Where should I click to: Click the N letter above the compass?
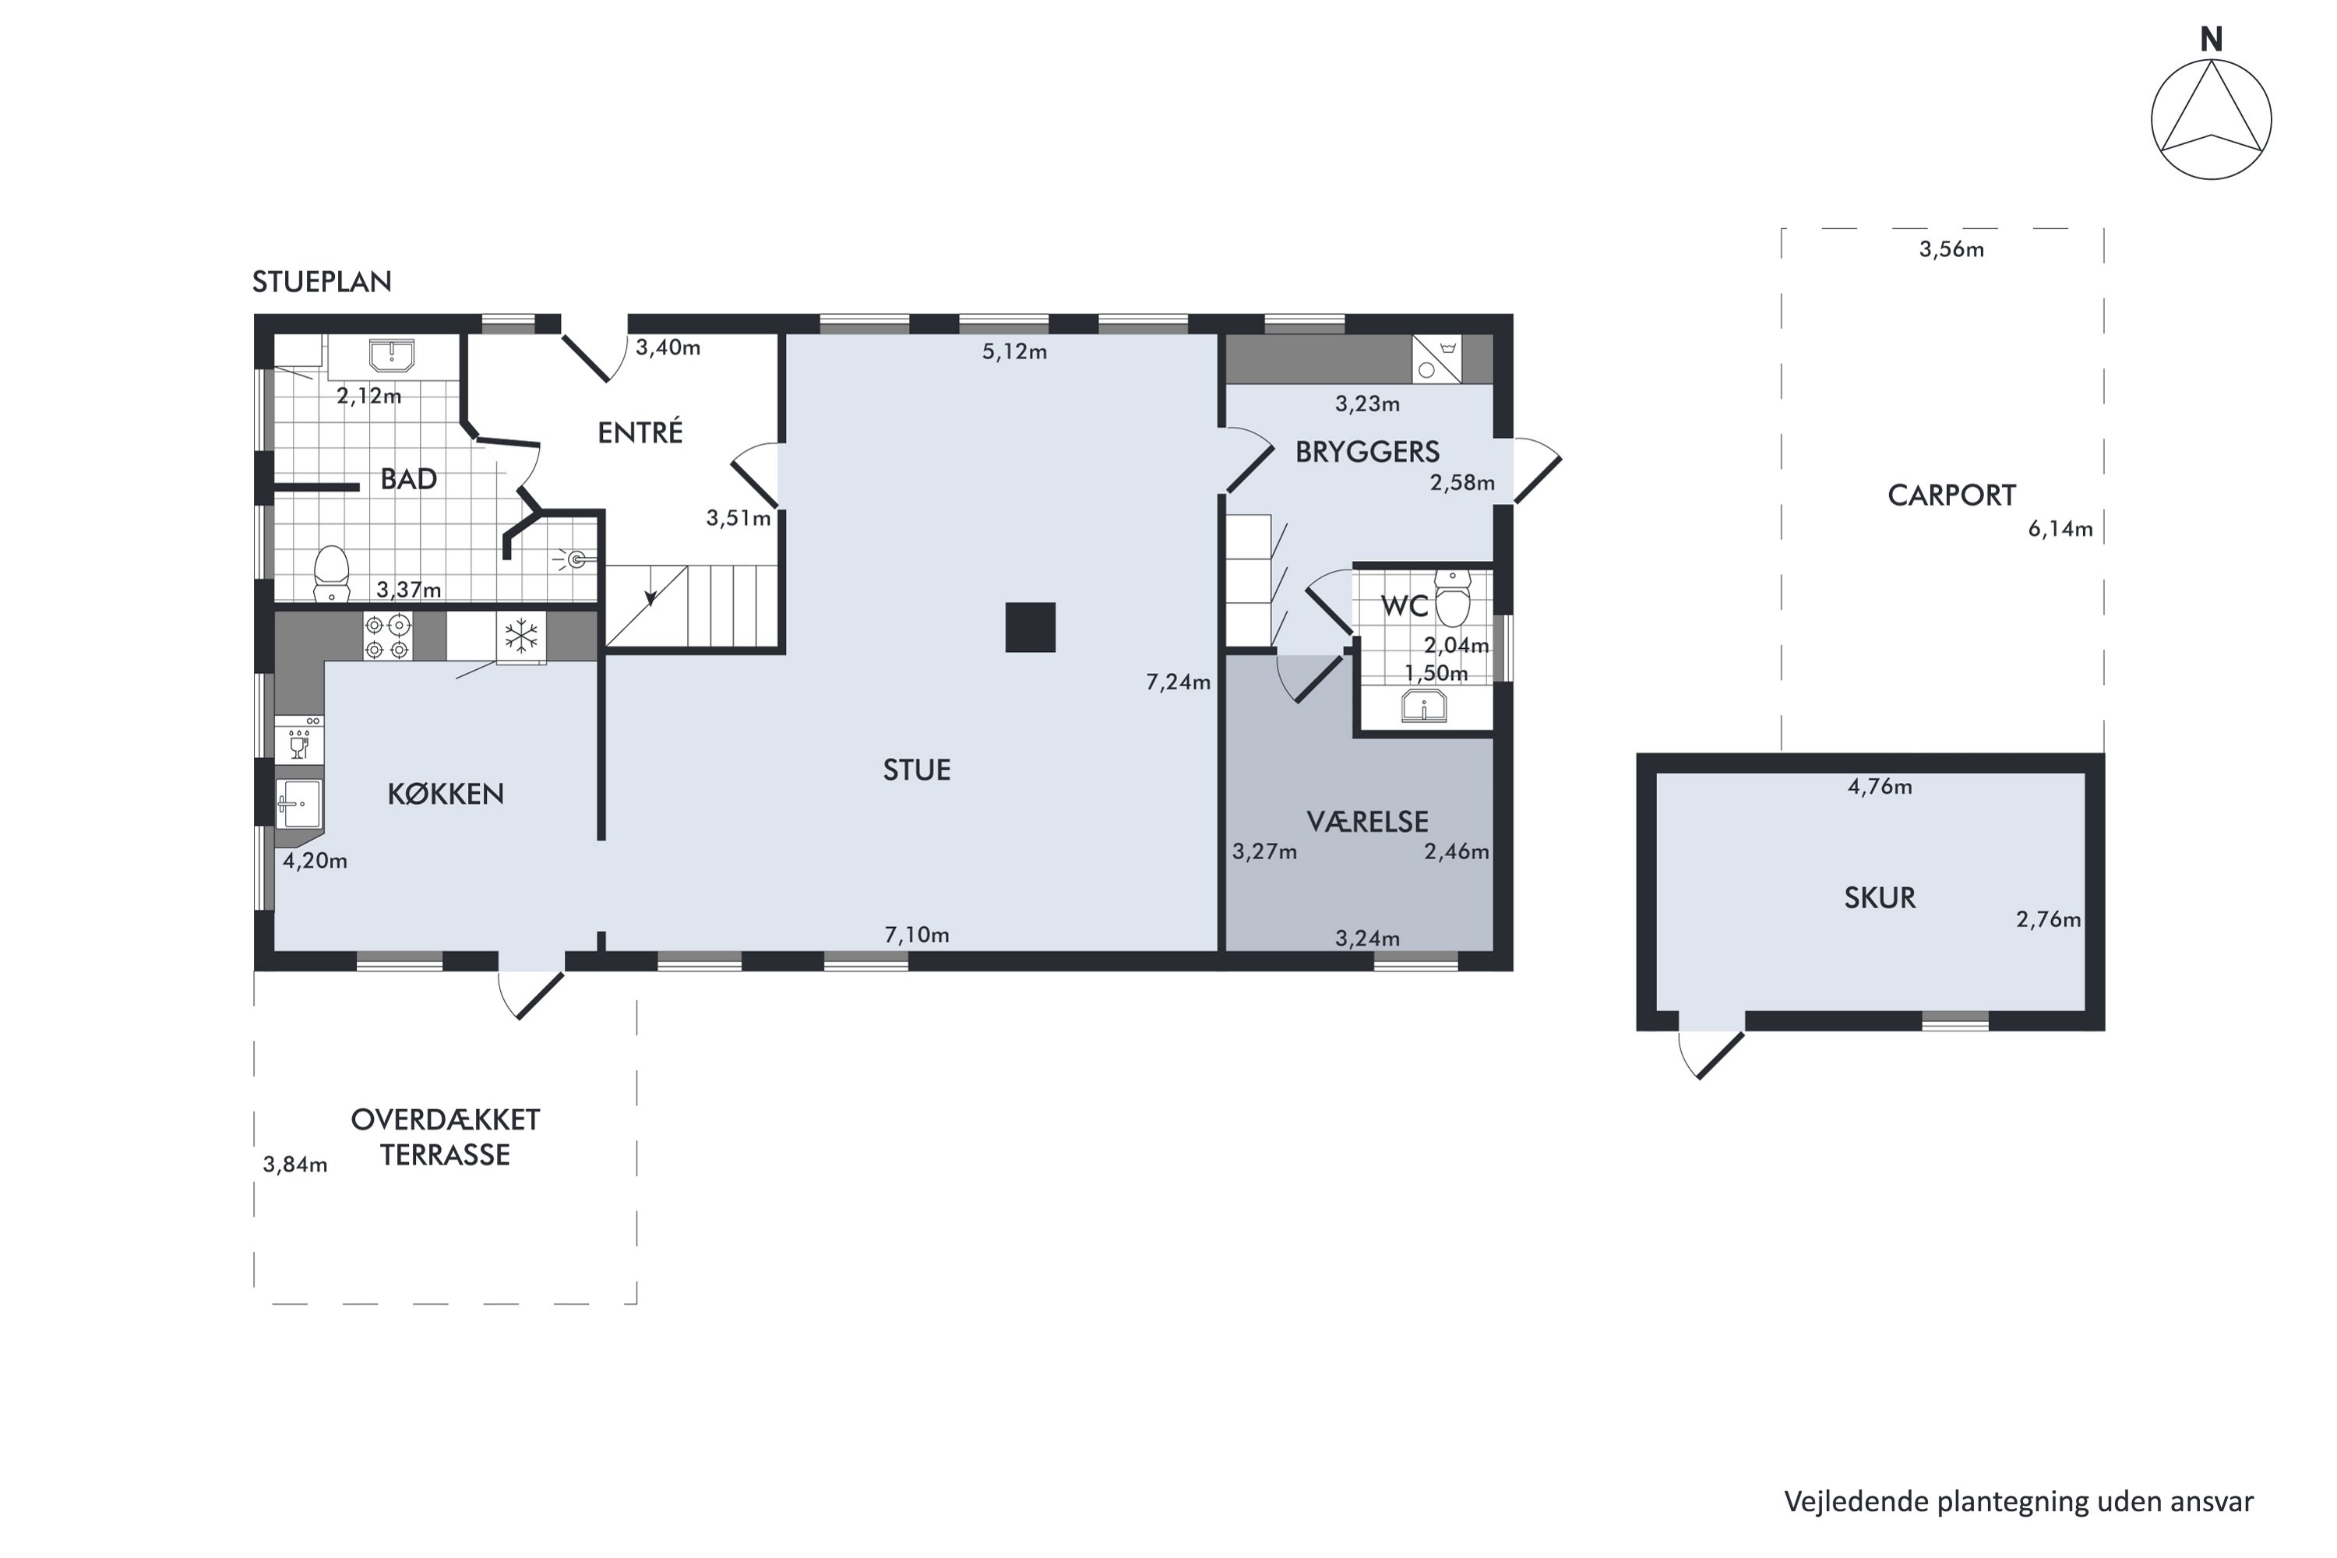point(2211,40)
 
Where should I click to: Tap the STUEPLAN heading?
point(322,282)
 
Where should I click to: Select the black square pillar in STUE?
point(1031,627)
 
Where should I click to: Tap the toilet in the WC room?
point(1452,598)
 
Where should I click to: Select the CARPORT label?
point(1951,495)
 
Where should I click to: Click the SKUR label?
point(1879,897)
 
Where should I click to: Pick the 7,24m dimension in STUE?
point(1179,682)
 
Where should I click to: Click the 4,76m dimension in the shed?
point(1879,787)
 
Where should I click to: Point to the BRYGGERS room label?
point(1367,452)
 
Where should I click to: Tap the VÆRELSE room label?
point(1367,822)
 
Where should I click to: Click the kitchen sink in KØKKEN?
point(299,804)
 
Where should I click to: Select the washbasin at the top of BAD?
point(392,354)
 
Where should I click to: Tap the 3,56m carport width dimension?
point(1951,249)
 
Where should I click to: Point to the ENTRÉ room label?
point(640,432)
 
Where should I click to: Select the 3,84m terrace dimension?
point(295,1165)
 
